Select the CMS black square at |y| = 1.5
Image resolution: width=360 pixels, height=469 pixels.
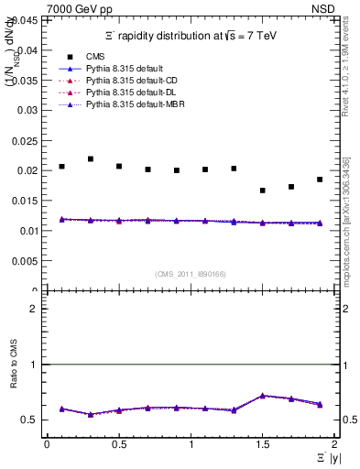[263, 191]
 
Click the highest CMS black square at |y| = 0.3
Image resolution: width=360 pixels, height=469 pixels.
[90, 158]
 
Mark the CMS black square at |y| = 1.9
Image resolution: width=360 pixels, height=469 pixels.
[320, 180]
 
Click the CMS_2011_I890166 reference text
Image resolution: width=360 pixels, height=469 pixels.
[191, 275]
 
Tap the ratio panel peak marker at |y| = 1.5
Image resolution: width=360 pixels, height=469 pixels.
[263, 396]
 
